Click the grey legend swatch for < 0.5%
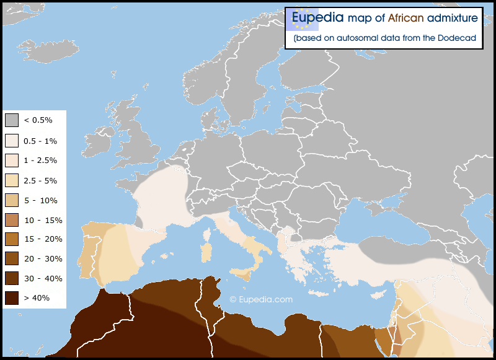coord(12,120)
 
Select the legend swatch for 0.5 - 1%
coord(12,140)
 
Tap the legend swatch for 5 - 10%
coord(12,200)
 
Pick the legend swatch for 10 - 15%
coord(12,220)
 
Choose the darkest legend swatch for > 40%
coord(12,297)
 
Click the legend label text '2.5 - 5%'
coord(40,180)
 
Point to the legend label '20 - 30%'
coord(43,259)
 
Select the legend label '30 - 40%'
coord(43,278)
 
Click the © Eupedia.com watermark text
coord(261,299)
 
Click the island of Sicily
coord(241,273)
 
